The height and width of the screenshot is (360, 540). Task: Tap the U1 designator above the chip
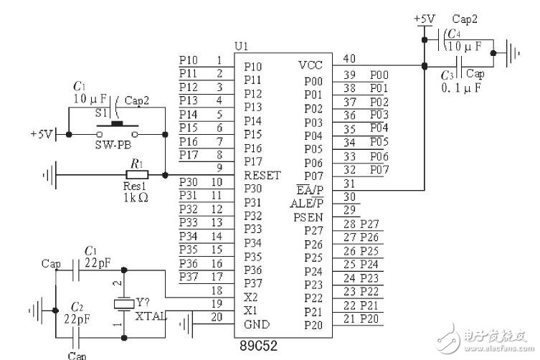point(242,46)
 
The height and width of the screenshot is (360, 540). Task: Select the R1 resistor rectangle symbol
point(136,174)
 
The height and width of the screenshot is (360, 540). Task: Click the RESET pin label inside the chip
point(262,175)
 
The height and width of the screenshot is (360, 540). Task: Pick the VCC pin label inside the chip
point(310,65)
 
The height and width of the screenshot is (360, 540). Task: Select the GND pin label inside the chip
point(257,324)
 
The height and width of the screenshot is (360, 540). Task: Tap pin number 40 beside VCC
point(350,60)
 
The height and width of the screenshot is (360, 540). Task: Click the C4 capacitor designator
point(453,34)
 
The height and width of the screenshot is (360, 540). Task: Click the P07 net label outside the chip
point(379,169)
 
